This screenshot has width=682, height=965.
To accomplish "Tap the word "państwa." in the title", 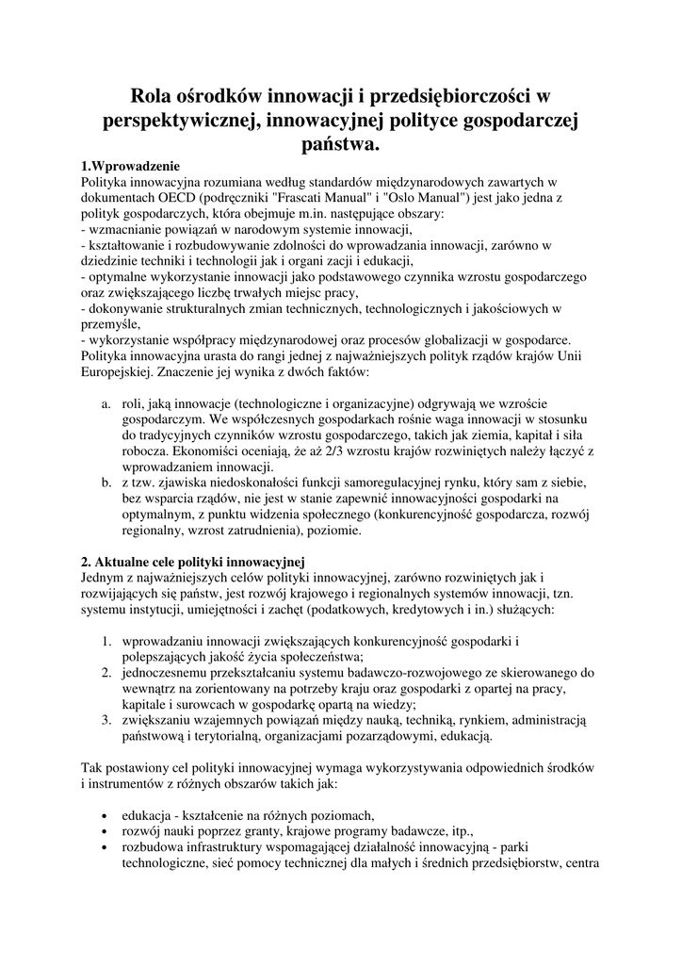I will (340, 144).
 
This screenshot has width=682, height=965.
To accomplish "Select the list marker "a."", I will (106, 404).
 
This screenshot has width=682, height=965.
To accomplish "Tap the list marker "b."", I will (106, 482).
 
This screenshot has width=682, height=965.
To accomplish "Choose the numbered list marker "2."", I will (107, 673).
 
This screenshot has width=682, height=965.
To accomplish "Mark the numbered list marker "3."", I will (107, 720).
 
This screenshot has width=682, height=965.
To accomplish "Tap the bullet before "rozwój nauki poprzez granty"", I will (103, 832).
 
